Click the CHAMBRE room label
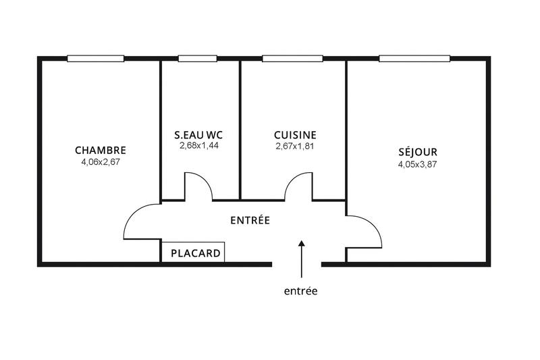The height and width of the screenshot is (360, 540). pos(101,150)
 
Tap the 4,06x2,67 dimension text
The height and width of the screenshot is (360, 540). pos(101,161)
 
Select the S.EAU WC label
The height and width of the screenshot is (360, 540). pos(198,134)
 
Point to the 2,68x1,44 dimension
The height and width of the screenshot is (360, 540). pos(198,145)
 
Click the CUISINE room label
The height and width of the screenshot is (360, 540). pos(295,134)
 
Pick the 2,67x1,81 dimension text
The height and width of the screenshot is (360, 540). pos(295,145)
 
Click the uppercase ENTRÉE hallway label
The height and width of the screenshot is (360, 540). pos(250,220)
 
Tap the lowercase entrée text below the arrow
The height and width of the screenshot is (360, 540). pos(300,291)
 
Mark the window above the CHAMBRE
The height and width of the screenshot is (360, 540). pos(95,59)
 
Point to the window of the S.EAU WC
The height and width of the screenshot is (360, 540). pos(192,59)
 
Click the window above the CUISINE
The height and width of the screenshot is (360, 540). pos(292,59)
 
